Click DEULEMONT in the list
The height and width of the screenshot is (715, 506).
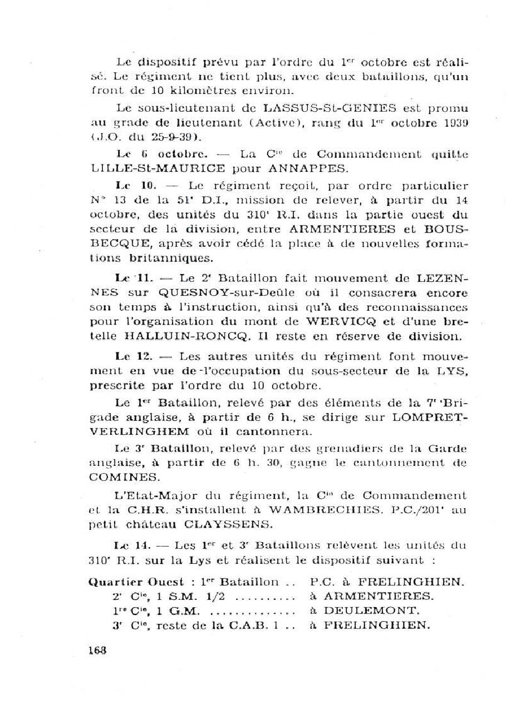tap(363, 610)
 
